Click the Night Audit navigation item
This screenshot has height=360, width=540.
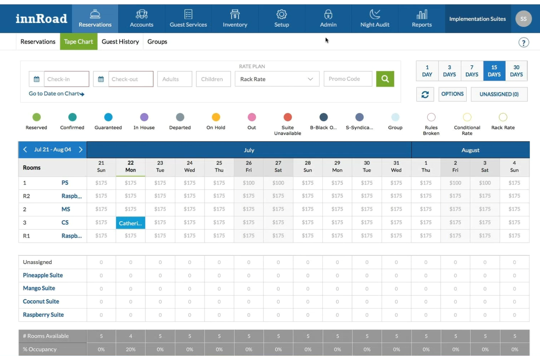(375, 19)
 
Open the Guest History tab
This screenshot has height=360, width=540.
(120, 42)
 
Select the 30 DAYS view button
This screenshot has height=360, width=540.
(516, 71)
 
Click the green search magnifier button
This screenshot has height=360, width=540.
(385, 79)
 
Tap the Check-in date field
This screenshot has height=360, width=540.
(66, 79)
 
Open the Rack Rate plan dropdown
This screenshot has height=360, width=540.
(277, 79)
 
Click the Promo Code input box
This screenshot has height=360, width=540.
(348, 79)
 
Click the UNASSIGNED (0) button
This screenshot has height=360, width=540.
(499, 94)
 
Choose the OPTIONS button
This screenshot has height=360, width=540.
(452, 94)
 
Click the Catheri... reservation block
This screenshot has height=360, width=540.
(130, 223)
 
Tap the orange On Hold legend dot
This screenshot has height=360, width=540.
(216, 117)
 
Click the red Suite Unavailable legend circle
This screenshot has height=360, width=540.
(288, 117)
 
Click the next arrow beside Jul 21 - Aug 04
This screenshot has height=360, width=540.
(81, 150)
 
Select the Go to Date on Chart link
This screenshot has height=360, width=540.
(56, 94)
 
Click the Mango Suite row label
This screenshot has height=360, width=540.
(39, 288)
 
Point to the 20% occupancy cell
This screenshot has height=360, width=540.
(131, 349)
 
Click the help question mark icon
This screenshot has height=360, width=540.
(524, 43)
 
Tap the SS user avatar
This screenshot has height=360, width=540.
(523, 19)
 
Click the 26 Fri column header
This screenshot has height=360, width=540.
(248, 167)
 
